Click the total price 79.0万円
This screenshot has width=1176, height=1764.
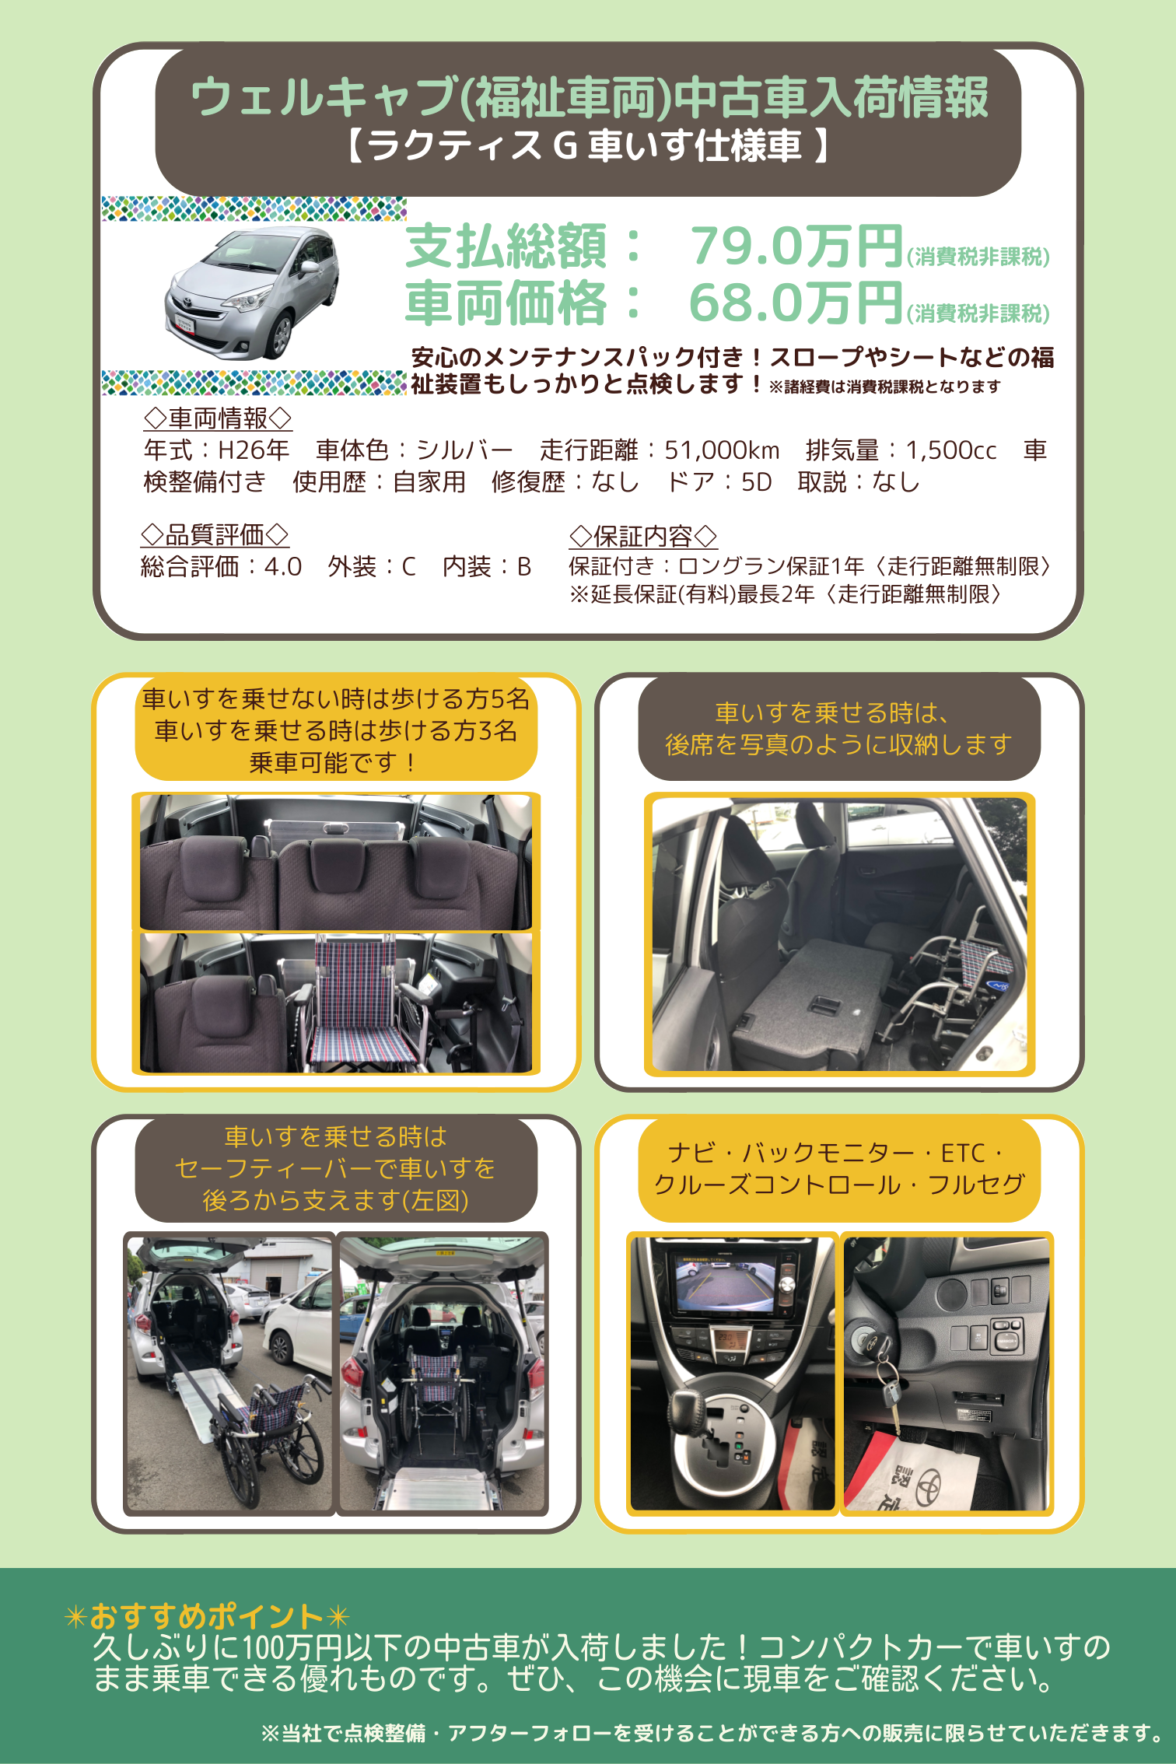click(796, 247)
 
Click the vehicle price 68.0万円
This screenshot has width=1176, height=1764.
click(796, 303)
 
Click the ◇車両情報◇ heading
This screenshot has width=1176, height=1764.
click(218, 418)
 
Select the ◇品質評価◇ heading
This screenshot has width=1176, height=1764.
click(215, 534)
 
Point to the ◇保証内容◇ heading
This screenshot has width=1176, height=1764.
click(642, 536)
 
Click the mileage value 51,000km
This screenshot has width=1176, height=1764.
click(722, 450)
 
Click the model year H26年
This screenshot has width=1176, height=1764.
click(254, 450)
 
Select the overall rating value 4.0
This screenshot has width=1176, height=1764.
click(283, 566)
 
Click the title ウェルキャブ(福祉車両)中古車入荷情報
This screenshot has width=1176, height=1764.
click(589, 97)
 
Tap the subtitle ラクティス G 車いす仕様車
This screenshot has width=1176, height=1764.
click(588, 145)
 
